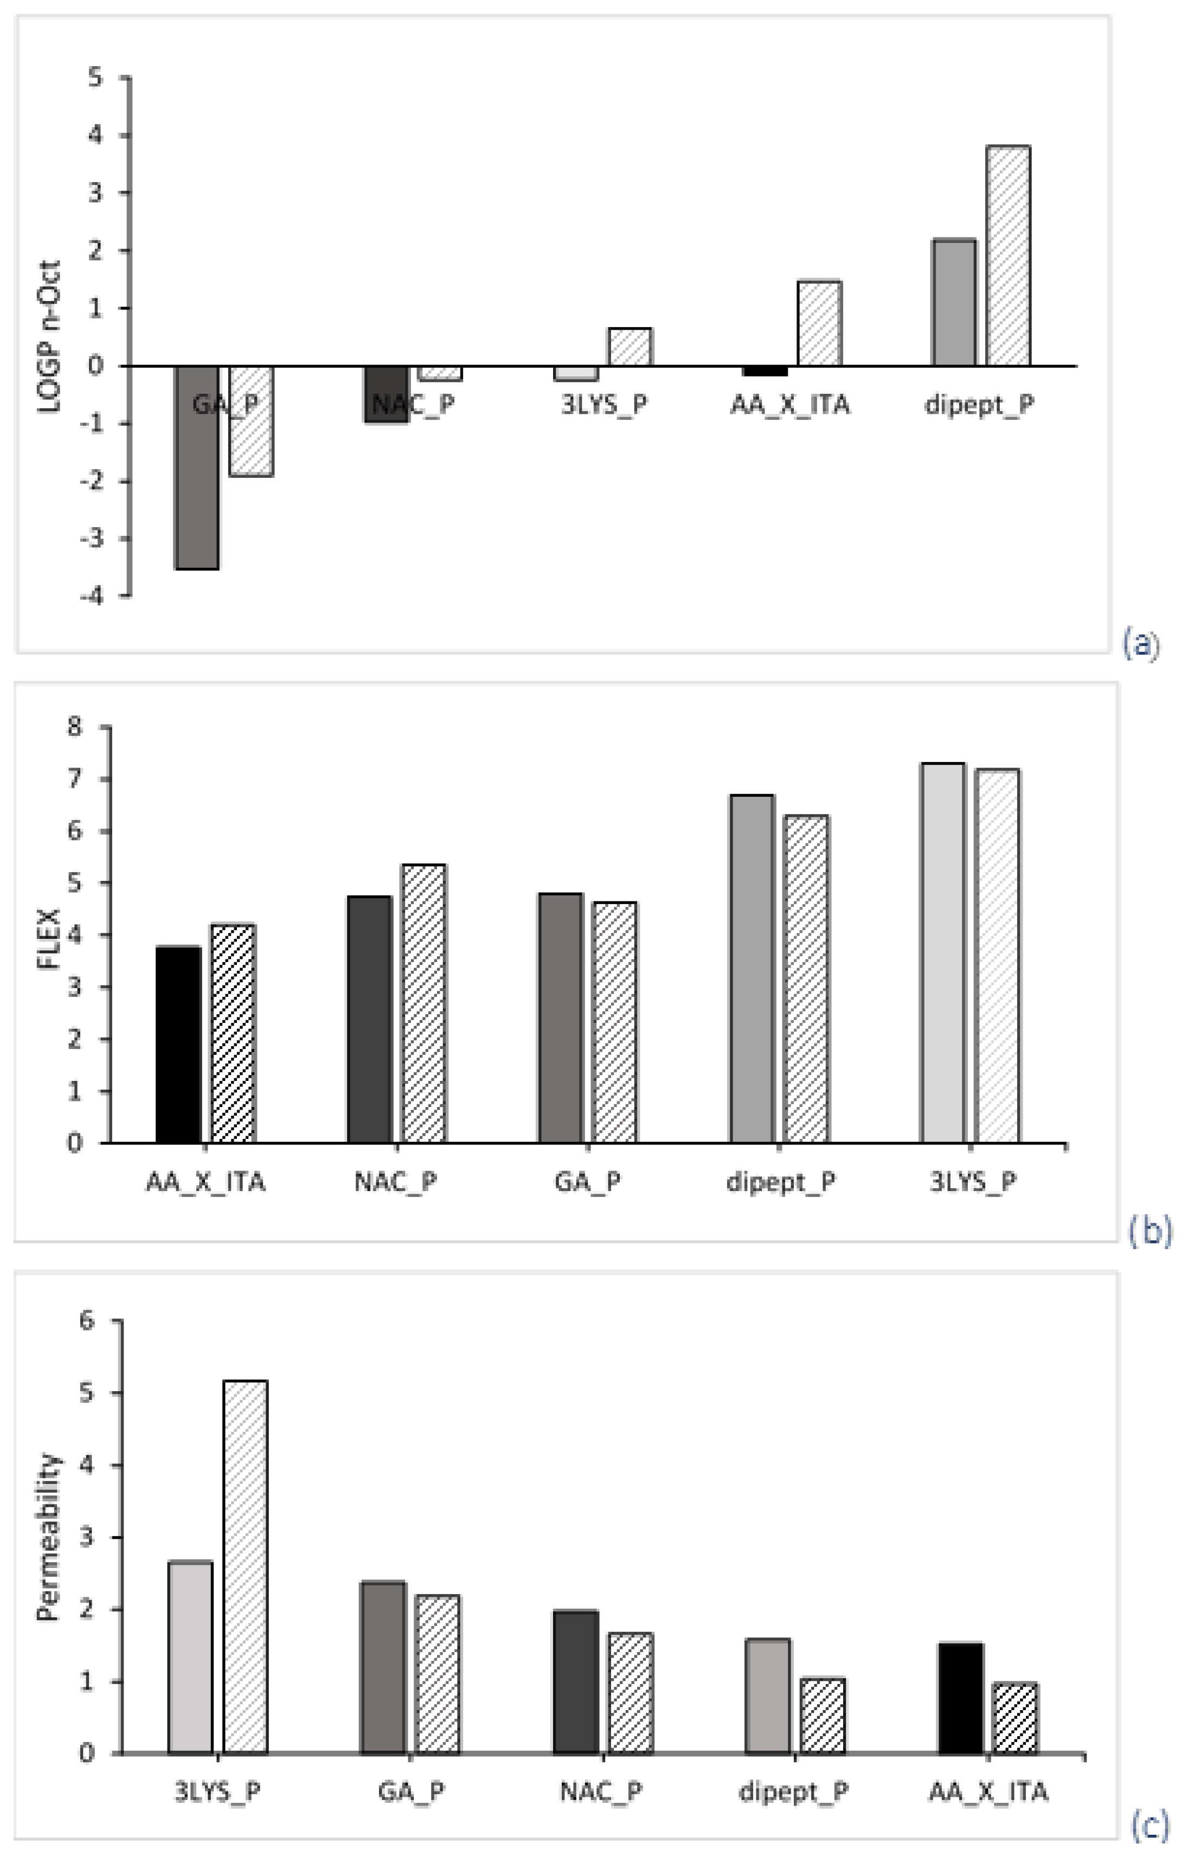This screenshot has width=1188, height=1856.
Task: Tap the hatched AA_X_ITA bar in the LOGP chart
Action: [x=819, y=324]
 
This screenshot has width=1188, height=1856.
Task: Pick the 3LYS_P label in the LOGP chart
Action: [x=604, y=404]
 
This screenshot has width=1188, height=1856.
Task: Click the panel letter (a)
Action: [x=1140, y=643]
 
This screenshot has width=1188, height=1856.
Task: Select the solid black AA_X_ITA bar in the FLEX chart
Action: [x=178, y=1045]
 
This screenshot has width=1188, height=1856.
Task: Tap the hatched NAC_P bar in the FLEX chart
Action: [x=423, y=1003]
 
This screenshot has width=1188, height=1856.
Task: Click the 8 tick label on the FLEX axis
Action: [x=74, y=727]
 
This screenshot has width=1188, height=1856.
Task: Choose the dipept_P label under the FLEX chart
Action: [x=780, y=1181]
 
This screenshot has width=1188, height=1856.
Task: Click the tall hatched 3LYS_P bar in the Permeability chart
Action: [x=245, y=1566]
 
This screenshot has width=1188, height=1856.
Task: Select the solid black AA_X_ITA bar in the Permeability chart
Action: [x=961, y=1699]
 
